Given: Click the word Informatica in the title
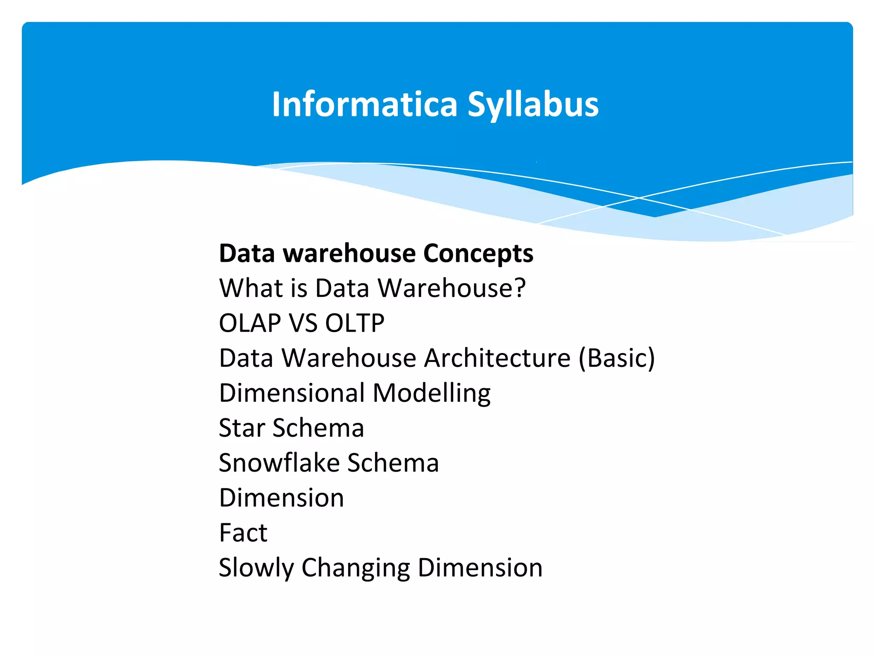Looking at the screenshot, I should coord(365,104).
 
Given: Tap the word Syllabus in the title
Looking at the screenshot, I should coord(533,104).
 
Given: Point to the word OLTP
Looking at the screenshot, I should coord(355,323).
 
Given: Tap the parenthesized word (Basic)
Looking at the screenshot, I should coord(617,358).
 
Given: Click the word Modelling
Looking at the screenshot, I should coord(431,393).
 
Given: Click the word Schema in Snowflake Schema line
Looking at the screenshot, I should coord(393,463).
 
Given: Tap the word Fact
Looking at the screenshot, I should coord(243,533).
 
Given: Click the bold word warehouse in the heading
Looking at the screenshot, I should coord(350,253).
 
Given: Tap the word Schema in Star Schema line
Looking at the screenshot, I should coord(318,428).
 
